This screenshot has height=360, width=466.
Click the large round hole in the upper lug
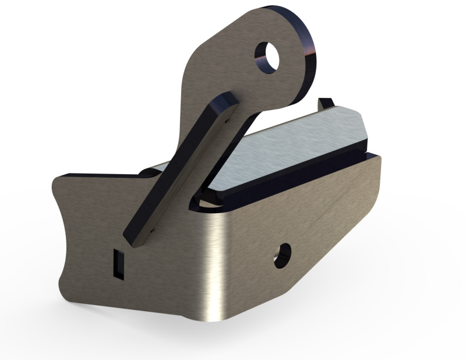[269, 57]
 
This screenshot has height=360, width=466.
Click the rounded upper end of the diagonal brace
[226, 104]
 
